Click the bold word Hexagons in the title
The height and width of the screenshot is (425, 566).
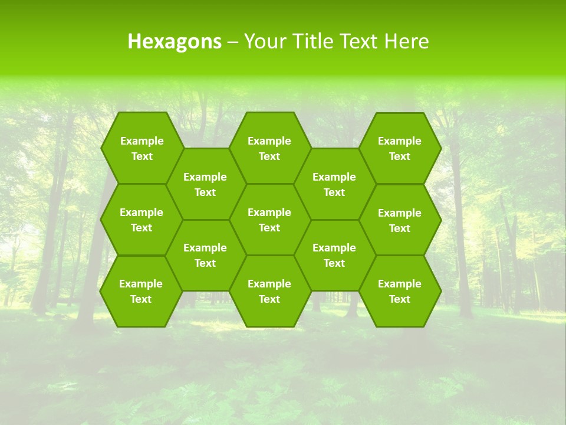point(175,41)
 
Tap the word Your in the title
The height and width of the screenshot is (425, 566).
point(263,41)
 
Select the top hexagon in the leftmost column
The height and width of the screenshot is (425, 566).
point(141,148)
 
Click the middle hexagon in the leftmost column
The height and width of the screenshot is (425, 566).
point(141,220)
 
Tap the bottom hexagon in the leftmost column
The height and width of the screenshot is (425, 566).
point(141,291)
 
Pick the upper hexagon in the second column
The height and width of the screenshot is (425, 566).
point(205,184)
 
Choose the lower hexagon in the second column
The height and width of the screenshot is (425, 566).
point(205,255)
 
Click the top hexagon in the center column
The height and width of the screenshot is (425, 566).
point(269,148)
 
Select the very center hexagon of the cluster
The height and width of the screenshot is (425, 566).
point(269,220)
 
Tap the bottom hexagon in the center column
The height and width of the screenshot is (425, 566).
point(269,291)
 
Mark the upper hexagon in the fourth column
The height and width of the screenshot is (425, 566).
point(334,184)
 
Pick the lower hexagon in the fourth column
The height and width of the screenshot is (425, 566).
point(334,255)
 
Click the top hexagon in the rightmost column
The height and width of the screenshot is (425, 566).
point(400,148)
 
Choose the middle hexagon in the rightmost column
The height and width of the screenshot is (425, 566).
point(400,220)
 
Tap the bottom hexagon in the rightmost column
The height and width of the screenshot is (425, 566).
point(400,291)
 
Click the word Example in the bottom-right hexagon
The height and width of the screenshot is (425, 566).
point(400,284)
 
